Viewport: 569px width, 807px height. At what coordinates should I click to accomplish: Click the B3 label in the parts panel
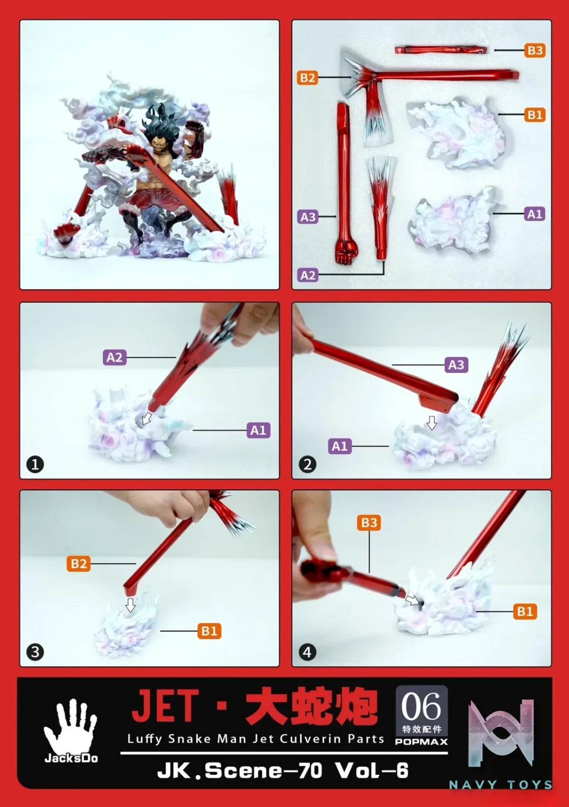[535, 50]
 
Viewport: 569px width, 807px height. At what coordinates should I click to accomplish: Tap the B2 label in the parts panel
[307, 78]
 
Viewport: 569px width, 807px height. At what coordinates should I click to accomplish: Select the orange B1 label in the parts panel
[535, 115]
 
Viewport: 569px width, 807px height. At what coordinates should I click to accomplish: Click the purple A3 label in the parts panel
[308, 217]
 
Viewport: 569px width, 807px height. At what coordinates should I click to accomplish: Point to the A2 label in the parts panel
[308, 275]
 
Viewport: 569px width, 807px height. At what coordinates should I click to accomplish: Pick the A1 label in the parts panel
[535, 214]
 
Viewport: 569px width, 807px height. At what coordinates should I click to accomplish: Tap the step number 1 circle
[35, 465]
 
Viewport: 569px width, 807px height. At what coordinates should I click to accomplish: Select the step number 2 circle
[307, 465]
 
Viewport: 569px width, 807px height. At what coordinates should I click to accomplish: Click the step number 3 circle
[35, 652]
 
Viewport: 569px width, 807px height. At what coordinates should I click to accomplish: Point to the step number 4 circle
[307, 652]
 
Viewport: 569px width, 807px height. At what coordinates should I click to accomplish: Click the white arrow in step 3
[131, 605]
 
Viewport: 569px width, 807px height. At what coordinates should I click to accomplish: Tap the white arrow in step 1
[146, 418]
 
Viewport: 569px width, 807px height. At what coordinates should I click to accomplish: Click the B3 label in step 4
[369, 523]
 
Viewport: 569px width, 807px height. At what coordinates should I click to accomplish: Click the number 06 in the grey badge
[421, 706]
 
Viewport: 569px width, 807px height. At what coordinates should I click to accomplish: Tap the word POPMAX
[421, 741]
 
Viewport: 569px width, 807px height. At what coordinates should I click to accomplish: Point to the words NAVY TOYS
[501, 784]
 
